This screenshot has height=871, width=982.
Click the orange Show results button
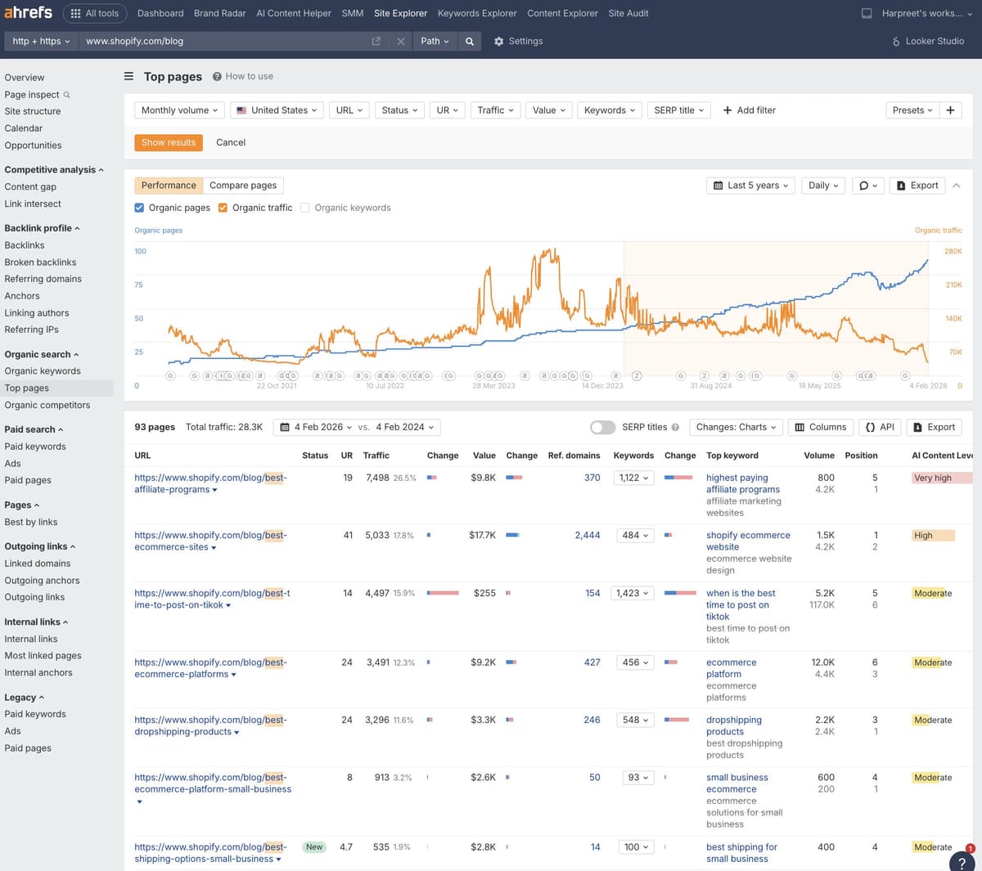point(168,142)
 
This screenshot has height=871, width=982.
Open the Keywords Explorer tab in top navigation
point(477,13)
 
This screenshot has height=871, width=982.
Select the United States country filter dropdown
point(277,110)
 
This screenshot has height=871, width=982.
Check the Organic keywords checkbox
point(305,208)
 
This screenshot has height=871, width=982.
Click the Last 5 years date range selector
point(751,186)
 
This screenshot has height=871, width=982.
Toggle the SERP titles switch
point(602,427)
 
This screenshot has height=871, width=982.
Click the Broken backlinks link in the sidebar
point(40,263)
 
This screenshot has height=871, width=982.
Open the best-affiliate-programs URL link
point(210,483)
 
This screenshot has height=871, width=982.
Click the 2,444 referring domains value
point(587,536)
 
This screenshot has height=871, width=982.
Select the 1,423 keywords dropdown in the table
point(633,594)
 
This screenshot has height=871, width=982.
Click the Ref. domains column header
point(574,456)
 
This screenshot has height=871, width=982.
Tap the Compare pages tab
point(243,186)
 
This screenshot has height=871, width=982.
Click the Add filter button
point(749,110)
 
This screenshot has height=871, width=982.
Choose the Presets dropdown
point(912,110)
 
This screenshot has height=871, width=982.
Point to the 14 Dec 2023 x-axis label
point(602,386)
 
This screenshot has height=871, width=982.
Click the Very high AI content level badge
point(933,478)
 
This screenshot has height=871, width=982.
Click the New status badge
point(314,847)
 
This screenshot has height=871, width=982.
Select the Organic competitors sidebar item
point(47,406)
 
